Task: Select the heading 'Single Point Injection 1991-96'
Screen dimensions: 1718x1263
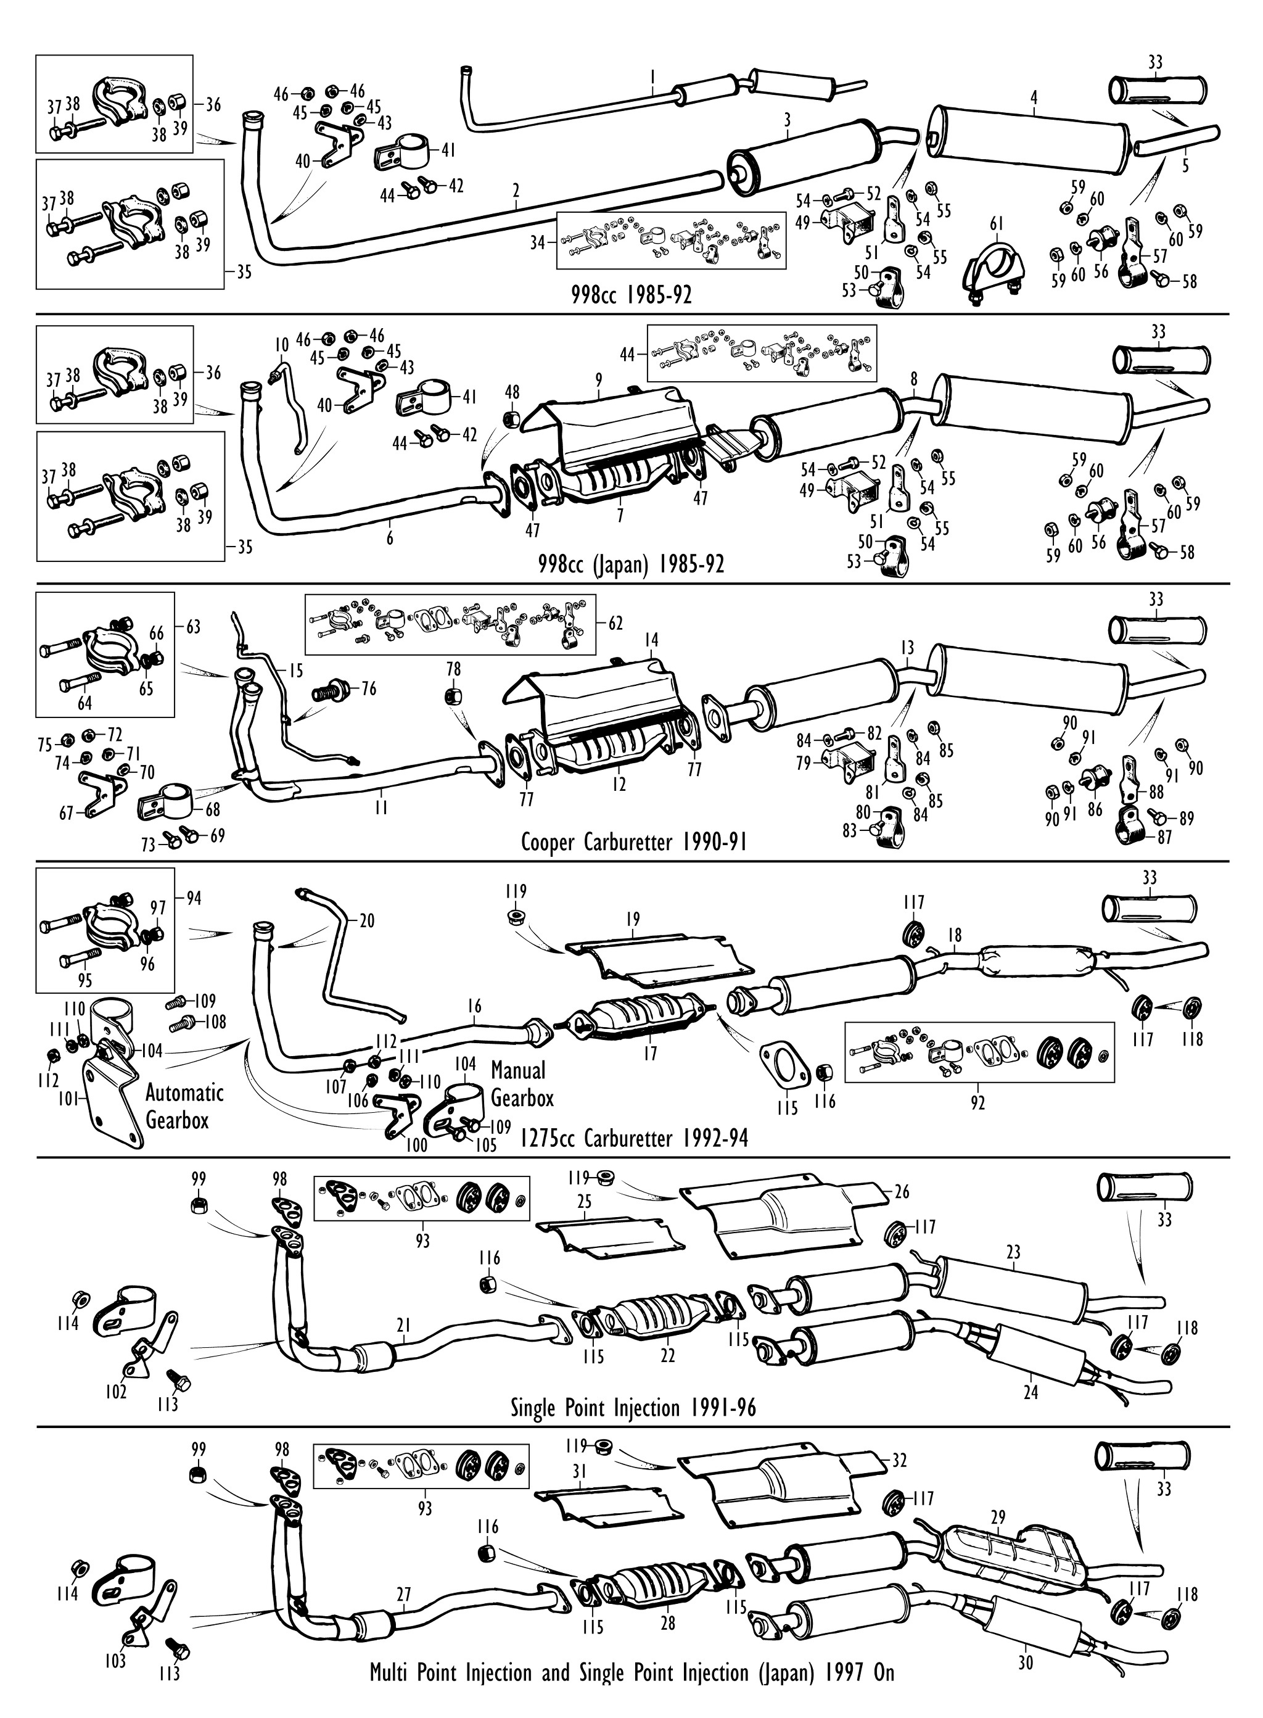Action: [633, 1408]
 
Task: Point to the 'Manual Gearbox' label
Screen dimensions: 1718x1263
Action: [520, 1083]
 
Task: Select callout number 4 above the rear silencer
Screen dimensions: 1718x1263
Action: [1034, 98]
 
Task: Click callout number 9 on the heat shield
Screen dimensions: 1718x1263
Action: [599, 379]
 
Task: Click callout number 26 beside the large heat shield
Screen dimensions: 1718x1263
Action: [902, 1192]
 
